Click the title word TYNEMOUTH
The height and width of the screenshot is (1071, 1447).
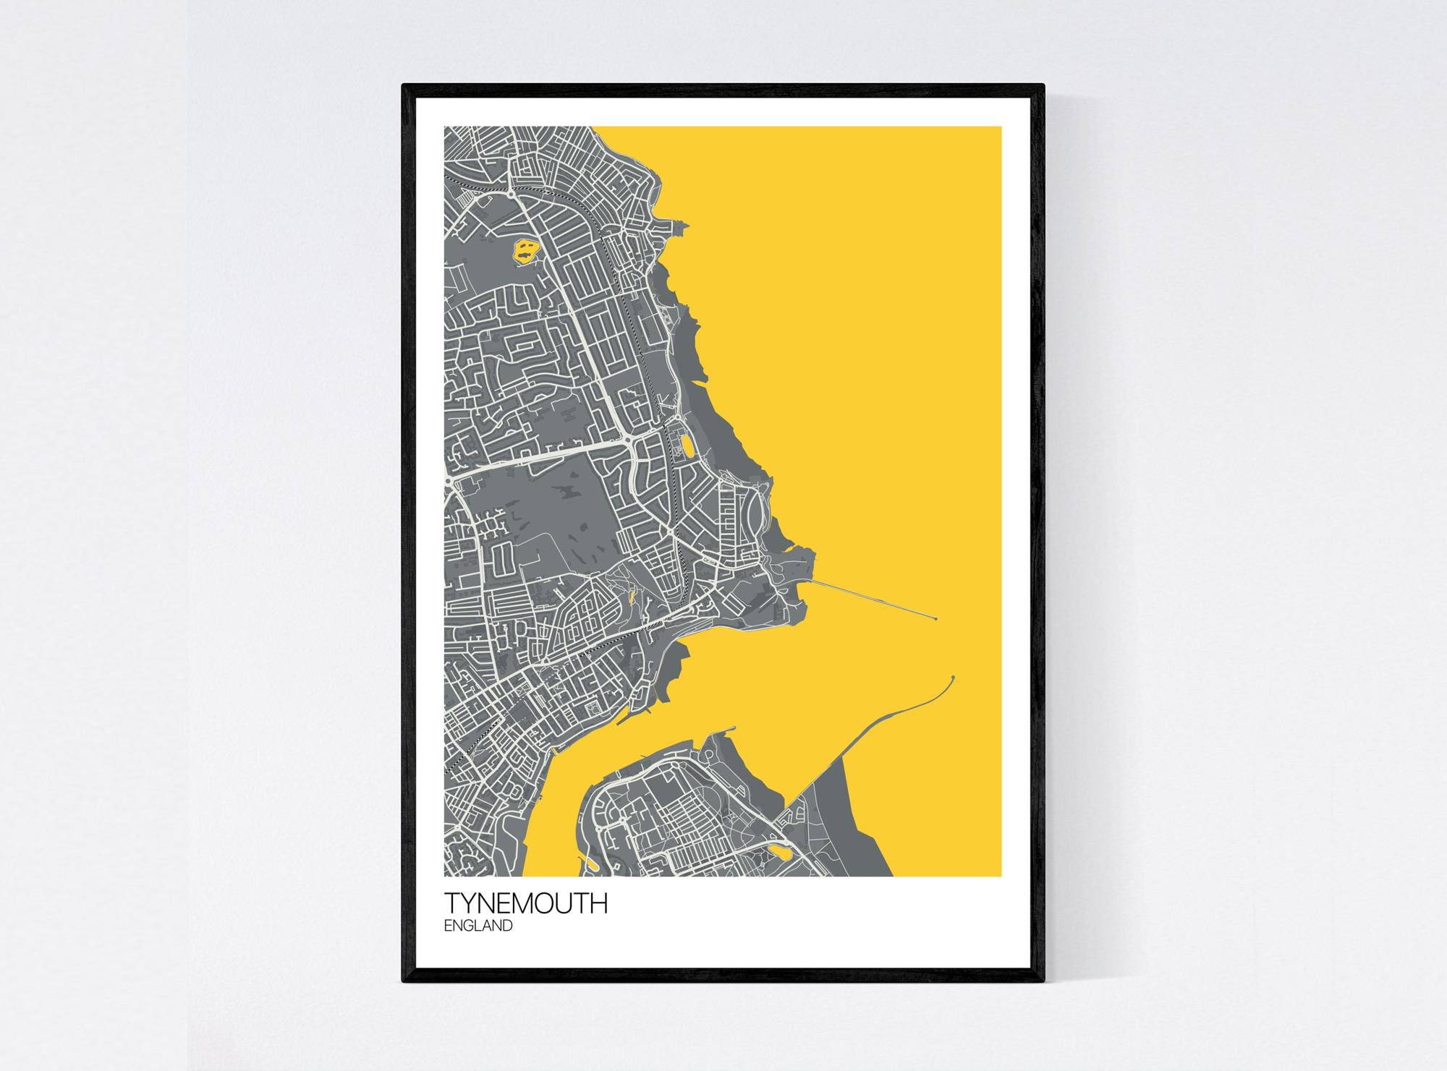pos(526,903)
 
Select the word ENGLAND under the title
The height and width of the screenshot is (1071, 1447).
pos(478,926)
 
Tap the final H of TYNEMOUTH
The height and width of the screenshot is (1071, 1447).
pos(599,903)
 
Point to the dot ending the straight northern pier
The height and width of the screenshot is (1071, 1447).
pos(936,619)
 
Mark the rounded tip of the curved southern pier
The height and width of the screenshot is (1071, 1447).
pos(953,678)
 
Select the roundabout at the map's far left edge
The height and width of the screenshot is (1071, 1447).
pos(449,479)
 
